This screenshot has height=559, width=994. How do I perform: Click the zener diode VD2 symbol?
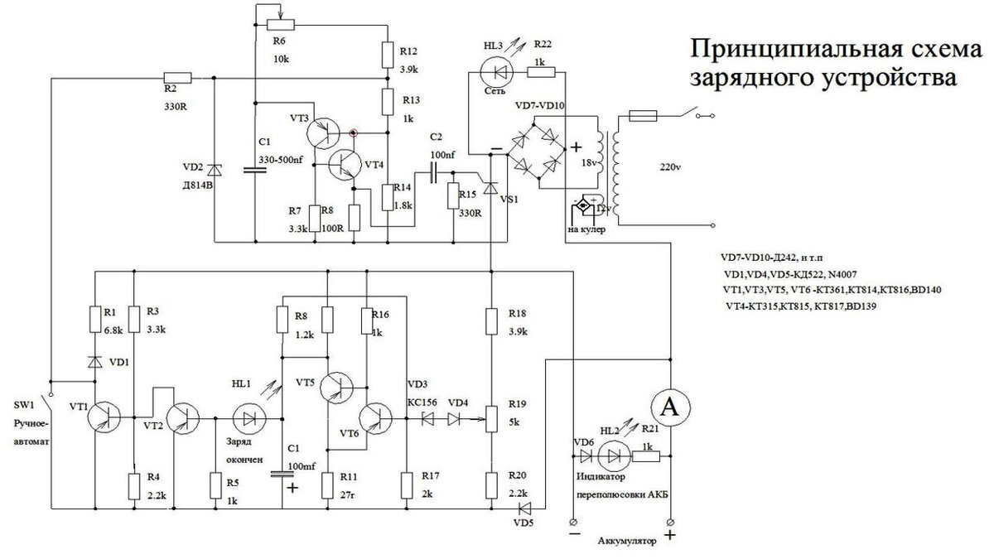click(214, 168)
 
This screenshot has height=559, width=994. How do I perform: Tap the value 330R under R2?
click(176, 107)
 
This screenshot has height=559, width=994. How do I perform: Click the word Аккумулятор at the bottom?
click(625, 542)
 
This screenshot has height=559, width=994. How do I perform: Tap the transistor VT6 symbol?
click(377, 419)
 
